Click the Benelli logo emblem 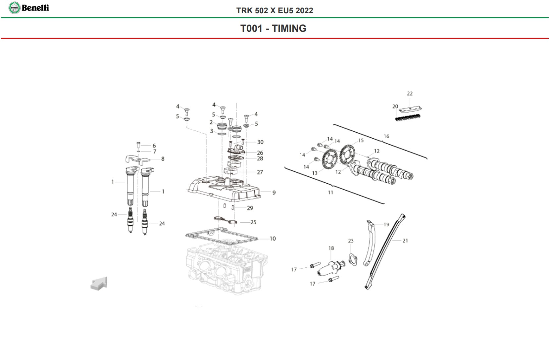point(14,8)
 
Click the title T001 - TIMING point(273,28)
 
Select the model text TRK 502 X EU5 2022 point(274,11)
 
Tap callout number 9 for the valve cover point(274,193)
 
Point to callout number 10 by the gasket point(273,239)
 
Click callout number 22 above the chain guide point(410,94)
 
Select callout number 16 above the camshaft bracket point(386,136)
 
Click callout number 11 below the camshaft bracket point(330,192)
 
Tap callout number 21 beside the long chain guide point(405,241)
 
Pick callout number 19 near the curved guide point(386,224)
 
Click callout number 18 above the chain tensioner point(331,248)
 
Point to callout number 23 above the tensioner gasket point(351,241)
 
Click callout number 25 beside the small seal point(253,222)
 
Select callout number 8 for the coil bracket point(163,159)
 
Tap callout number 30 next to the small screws point(260,142)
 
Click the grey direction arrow point(99,284)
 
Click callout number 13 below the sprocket point(315,173)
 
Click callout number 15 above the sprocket point(361,140)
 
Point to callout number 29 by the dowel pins point(250,208)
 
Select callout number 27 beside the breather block point(260,172)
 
